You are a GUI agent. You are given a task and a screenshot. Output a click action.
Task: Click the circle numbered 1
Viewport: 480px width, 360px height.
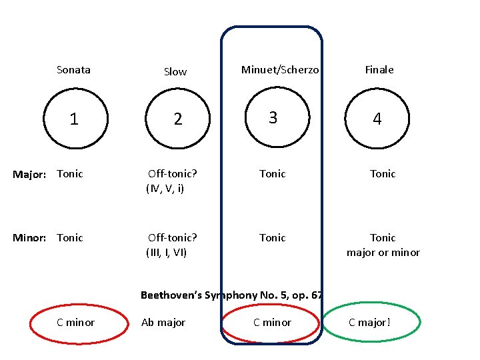point(74,119)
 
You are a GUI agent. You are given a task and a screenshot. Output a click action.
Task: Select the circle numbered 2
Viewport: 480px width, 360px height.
point(177,119)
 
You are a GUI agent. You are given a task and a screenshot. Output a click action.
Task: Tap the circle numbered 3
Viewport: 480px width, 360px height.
point(273,118)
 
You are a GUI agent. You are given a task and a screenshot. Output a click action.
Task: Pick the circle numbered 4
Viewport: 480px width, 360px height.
point(377,119)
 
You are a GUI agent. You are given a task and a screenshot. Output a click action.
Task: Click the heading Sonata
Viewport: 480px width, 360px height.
point(73,69)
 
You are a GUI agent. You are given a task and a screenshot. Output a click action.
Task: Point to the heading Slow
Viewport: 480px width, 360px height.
point(175,71)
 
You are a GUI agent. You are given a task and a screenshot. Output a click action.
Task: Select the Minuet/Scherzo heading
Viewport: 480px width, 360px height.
point(280,69)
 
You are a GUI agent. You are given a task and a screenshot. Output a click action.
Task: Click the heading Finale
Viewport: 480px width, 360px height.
point(379,69)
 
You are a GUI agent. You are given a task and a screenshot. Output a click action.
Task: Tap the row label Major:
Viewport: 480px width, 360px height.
point(30,174)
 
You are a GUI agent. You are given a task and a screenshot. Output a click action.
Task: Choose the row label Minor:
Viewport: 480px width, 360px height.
point(30,238)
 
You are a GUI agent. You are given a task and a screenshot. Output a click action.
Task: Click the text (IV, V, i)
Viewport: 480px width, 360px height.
point(165,189)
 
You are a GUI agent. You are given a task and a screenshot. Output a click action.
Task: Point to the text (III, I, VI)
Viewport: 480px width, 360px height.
point(167,253)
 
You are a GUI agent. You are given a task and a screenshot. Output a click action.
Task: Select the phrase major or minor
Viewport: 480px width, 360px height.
point(383,253)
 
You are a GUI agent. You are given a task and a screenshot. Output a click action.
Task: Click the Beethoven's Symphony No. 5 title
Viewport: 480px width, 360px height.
point(232,295)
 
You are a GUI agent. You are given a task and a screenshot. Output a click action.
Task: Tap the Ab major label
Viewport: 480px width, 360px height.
point(163,323)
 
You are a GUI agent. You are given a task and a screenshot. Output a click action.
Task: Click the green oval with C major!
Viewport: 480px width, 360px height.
point(371,323)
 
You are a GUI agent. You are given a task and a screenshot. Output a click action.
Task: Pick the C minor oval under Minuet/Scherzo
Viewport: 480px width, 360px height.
point(272,323)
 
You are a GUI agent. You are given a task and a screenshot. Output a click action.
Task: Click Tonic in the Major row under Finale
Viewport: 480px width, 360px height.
point(383,174)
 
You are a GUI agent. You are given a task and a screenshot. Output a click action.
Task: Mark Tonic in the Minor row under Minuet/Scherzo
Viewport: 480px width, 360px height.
point(272,238)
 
